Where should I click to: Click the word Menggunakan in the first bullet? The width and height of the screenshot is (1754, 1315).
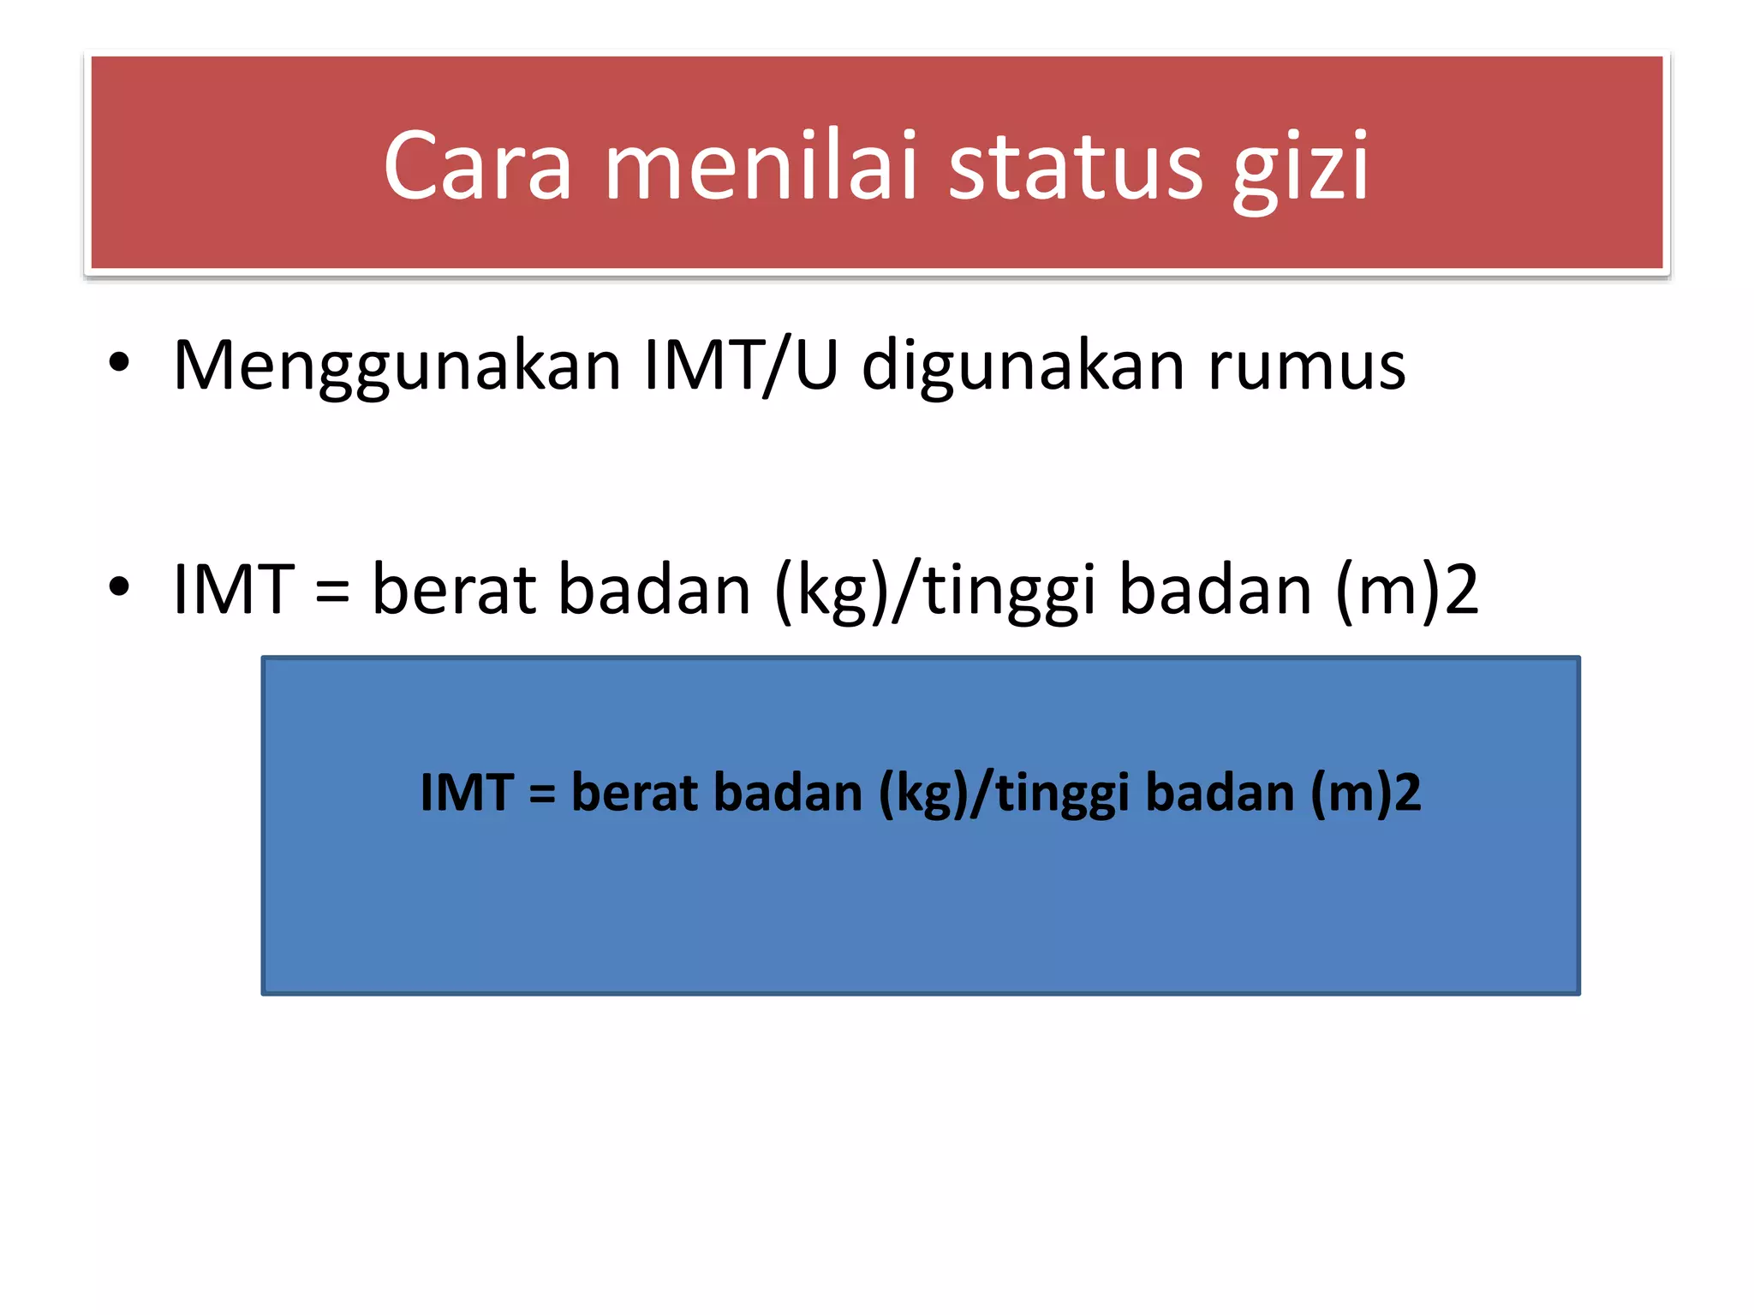pyautogui.click(x=397, y=366)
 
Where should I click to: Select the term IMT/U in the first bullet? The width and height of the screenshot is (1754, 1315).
pyautogui.click(x=741, y=366)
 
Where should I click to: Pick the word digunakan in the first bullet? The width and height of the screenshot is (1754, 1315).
pyautogui.click(x=1023, y=366)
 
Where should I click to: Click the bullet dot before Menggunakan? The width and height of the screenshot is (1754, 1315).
pyautogui.click(x=119, y=363)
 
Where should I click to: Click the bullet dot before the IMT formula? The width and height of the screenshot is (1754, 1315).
pyautogui.click(x=119, y=587)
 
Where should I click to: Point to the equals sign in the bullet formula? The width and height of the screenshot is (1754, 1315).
pyautogui.click(x=332, y=591)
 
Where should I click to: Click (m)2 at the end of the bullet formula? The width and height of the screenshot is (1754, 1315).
pyautogui.click(x=1407, y=591)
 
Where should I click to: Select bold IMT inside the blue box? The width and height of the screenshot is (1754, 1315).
pyautogui.click(x=467, y=793)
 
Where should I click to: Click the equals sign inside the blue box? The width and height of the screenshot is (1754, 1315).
pyautogui.click(x=542, y=794)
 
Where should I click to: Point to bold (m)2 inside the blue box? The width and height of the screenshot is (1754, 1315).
pyautogui.click(x=1365, y=793)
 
